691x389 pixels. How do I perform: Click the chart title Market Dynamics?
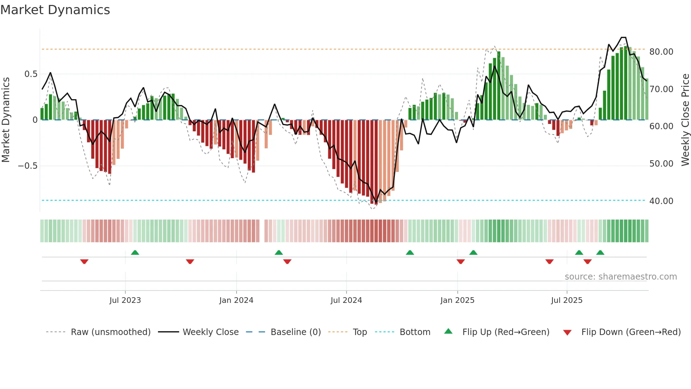pyautogui.click(x=55, y=10)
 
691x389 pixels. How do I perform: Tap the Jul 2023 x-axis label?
pyautogui.click(x=125, y=300)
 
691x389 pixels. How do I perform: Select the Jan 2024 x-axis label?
pyautogui.click(x=236, y=300)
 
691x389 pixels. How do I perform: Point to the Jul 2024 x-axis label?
pyautogui.click(x=346, y=300)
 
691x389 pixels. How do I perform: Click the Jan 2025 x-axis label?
pyautogui.click(x=457, y=300)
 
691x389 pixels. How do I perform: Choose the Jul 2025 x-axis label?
pyautogui.click(x=567, y=300)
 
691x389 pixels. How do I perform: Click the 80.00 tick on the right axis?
pyautogui.click(x=661, y=52)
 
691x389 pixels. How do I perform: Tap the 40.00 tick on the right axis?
pyautogui.click(x=661, y=201)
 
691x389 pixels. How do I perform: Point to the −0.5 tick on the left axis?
pyautogui.click(x=28, y=166)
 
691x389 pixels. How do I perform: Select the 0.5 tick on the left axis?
pyautogui.click(x=31, y=74)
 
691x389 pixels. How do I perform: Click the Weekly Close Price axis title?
pyautogui.click(x=685, y=120)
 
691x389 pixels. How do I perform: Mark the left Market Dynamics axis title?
pyautogui.click(x=6, y=120)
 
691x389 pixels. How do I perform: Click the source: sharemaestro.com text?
pyautogui.click(x=620, y=277)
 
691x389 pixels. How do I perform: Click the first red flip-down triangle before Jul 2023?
pyautogui.click(x=84, y=262)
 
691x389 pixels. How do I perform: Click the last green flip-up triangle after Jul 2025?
pyautogui.click(x=600, y=252)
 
